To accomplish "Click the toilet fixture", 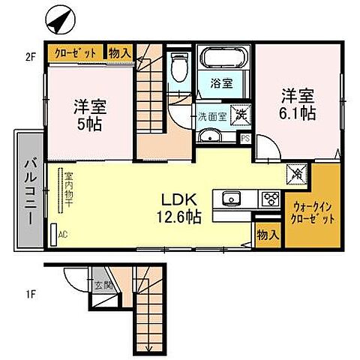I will [179, 68].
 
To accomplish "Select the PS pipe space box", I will [245, 137].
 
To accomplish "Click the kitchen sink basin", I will [230, 199].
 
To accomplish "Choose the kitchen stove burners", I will [268, 199].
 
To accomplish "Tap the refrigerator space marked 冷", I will [297, 174].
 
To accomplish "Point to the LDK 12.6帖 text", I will [178, 208].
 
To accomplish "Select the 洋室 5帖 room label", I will [89, 115].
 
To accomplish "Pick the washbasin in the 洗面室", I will [211, 136].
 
